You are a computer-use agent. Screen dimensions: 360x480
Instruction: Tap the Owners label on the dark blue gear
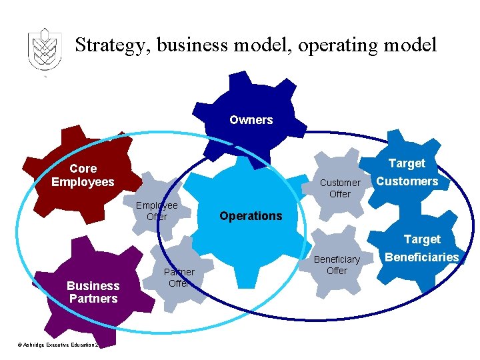click(x=251, y=120)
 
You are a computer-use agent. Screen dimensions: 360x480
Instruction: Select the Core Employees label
click(x=83, y=175)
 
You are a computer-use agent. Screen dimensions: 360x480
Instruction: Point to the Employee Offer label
click(x=157, y=211)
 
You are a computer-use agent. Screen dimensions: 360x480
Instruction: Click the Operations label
click(x=251, y=216)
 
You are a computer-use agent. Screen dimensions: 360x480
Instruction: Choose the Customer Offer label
click(x=339, y=188)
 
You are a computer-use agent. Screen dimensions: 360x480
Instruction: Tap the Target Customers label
click(x=407, y=172)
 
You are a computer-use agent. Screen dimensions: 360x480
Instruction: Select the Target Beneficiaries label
click(x=421, y=248)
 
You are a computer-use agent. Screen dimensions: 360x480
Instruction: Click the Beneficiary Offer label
click(x=337, y=265)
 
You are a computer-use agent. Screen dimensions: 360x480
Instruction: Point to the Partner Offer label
click(x=179, y=277)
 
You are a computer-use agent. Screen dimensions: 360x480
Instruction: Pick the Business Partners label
click(x=93, y=292)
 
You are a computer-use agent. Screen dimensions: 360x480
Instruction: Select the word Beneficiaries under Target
click(x=421, y=257)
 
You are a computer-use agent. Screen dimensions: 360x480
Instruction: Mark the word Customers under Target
click(x=407, y=181)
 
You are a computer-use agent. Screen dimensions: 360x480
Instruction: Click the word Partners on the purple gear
click(x=93, y=299)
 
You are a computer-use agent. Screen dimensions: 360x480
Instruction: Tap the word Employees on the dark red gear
click(x=83, y=182)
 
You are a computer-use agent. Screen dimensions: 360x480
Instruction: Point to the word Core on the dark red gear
click(x=83, y=169)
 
